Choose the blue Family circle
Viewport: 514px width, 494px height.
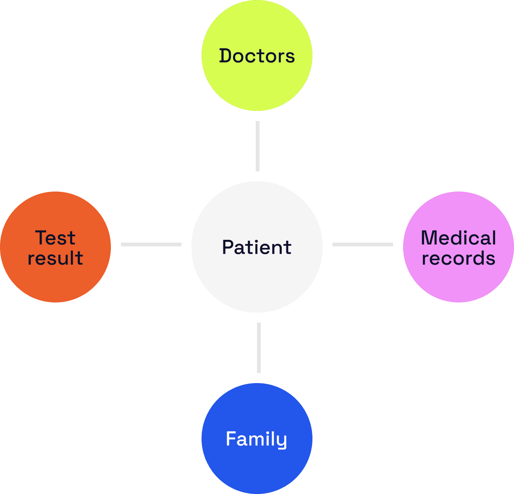pos(257,466)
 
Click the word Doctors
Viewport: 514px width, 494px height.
pos(257,56)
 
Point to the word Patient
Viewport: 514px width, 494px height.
pos(257,247)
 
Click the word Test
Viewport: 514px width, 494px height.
pos(55,238)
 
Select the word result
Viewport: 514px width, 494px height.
pos(55,258)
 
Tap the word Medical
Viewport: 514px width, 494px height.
pos(459,238)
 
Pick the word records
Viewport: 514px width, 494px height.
pos(459,258)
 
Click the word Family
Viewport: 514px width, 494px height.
pos(257,439)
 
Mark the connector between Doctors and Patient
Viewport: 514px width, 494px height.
pos(257,146)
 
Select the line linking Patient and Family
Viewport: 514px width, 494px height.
pos(259,347)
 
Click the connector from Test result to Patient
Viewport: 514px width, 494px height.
pos(151,244)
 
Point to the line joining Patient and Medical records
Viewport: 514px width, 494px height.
pos(363,244)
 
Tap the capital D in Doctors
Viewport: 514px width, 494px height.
pos(226,56)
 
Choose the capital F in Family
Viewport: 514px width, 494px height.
pos(231,439)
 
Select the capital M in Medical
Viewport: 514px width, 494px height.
pos(430,238)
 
